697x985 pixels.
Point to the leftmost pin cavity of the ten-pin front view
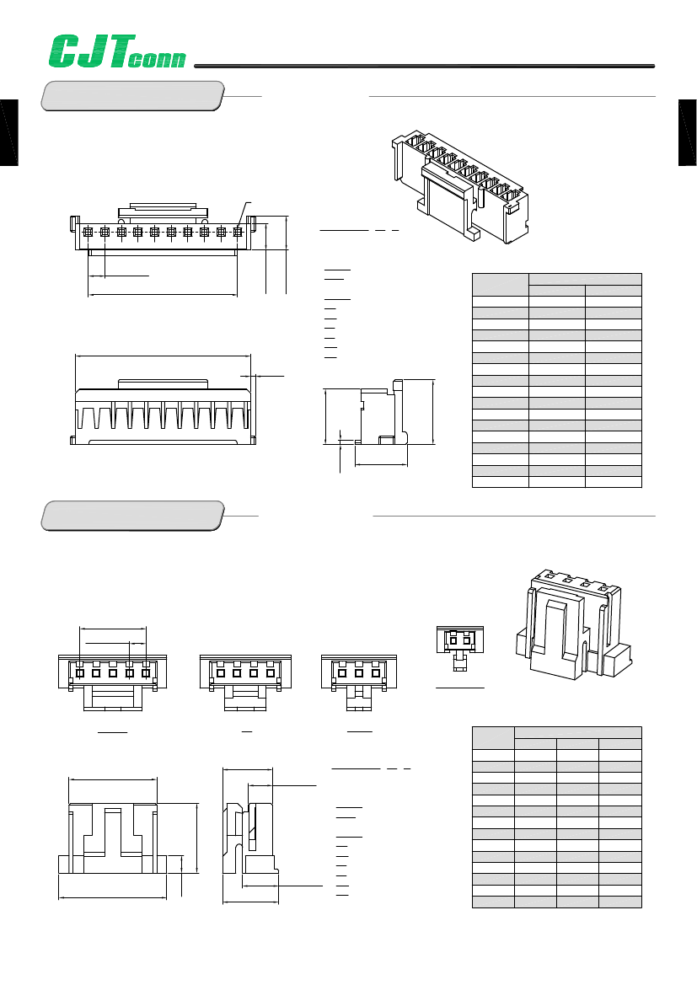tap(88, 231)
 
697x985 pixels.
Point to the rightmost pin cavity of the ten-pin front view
tap(238, 231)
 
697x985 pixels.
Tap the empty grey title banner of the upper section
tap(133, 95)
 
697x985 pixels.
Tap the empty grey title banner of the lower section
tap(133, 515)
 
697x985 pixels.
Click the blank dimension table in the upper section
tap(556, 380)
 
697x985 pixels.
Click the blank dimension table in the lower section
tap(556, 816)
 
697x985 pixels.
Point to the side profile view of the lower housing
tap(250, 834)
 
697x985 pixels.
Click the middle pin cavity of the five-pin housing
tap(112, 672)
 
